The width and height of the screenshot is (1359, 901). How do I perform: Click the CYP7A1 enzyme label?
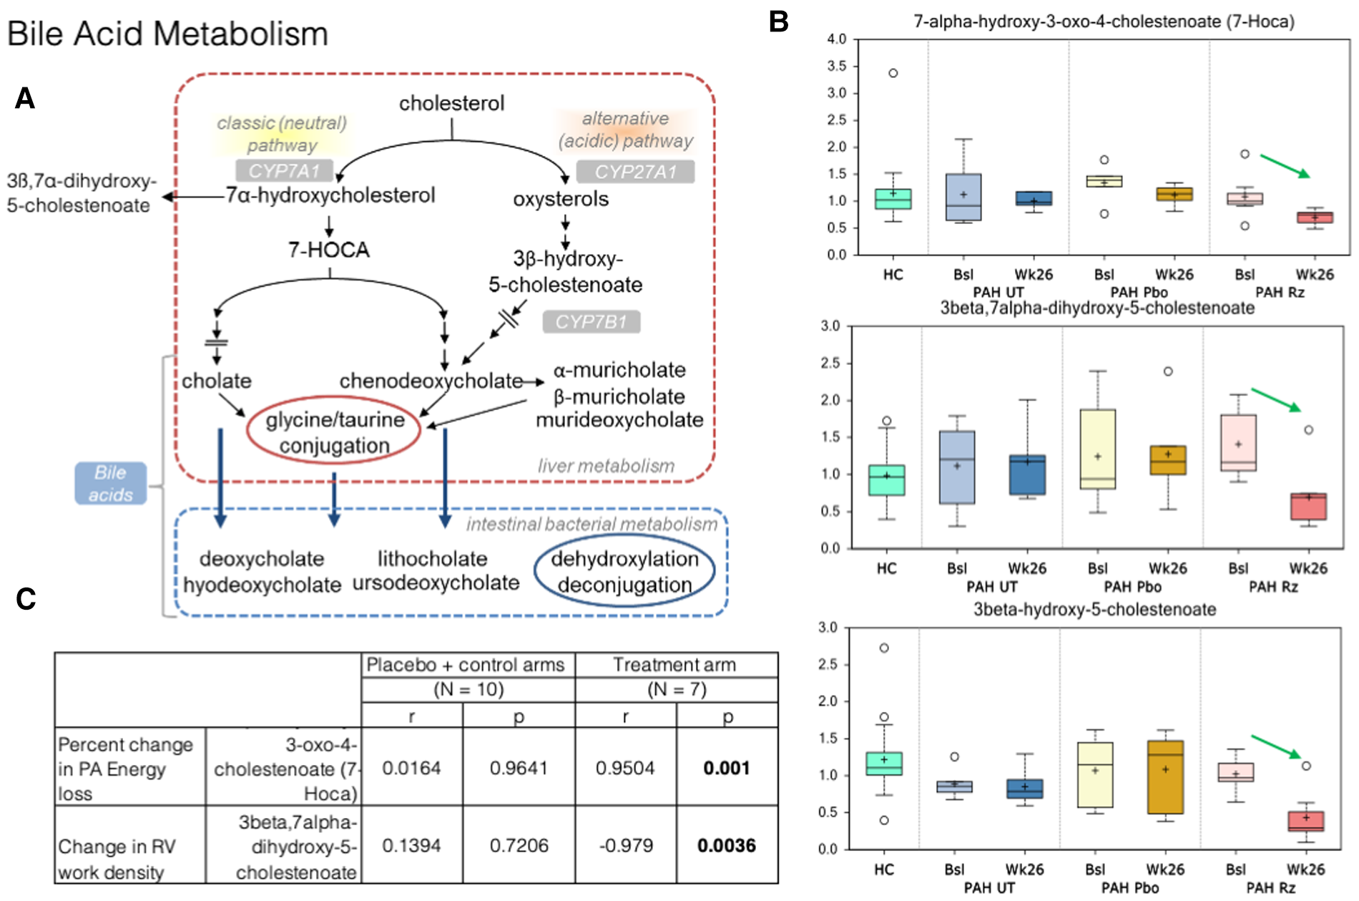click(284, 171)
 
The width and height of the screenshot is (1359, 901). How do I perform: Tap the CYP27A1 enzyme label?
click(635, 172)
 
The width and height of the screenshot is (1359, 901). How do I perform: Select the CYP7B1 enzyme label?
click(591, 322)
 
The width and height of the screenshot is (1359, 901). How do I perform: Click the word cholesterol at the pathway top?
click(451, 104)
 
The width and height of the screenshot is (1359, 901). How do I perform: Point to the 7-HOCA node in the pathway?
click(329, 250)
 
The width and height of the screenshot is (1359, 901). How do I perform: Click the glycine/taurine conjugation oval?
click(334, 432)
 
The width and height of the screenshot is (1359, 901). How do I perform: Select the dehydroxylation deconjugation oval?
click(624, 572)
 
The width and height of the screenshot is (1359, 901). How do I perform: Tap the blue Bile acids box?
click(111, 484)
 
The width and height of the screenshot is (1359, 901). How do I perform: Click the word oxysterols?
click(561, 199)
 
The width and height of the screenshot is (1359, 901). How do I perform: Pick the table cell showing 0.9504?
click(625, 768)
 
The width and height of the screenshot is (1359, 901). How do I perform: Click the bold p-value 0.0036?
click(726, 845)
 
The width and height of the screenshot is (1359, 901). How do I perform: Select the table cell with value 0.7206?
click(519, 845)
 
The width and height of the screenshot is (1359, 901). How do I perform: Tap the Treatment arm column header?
click(674, 665)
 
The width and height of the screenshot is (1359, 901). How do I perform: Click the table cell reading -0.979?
click(625, 845)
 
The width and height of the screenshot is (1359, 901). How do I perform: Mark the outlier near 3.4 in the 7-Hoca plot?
click(893, 73)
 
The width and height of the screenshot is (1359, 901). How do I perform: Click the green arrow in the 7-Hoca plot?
click(1285, 166)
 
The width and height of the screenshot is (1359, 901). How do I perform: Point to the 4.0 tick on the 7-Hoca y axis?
click(836, 39)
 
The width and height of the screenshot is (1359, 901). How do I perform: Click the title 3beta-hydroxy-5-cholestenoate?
click(1094, 610)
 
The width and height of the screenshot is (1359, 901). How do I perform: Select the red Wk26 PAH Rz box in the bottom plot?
click(1306, 820)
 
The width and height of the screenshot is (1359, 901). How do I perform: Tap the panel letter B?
click(778, 22)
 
